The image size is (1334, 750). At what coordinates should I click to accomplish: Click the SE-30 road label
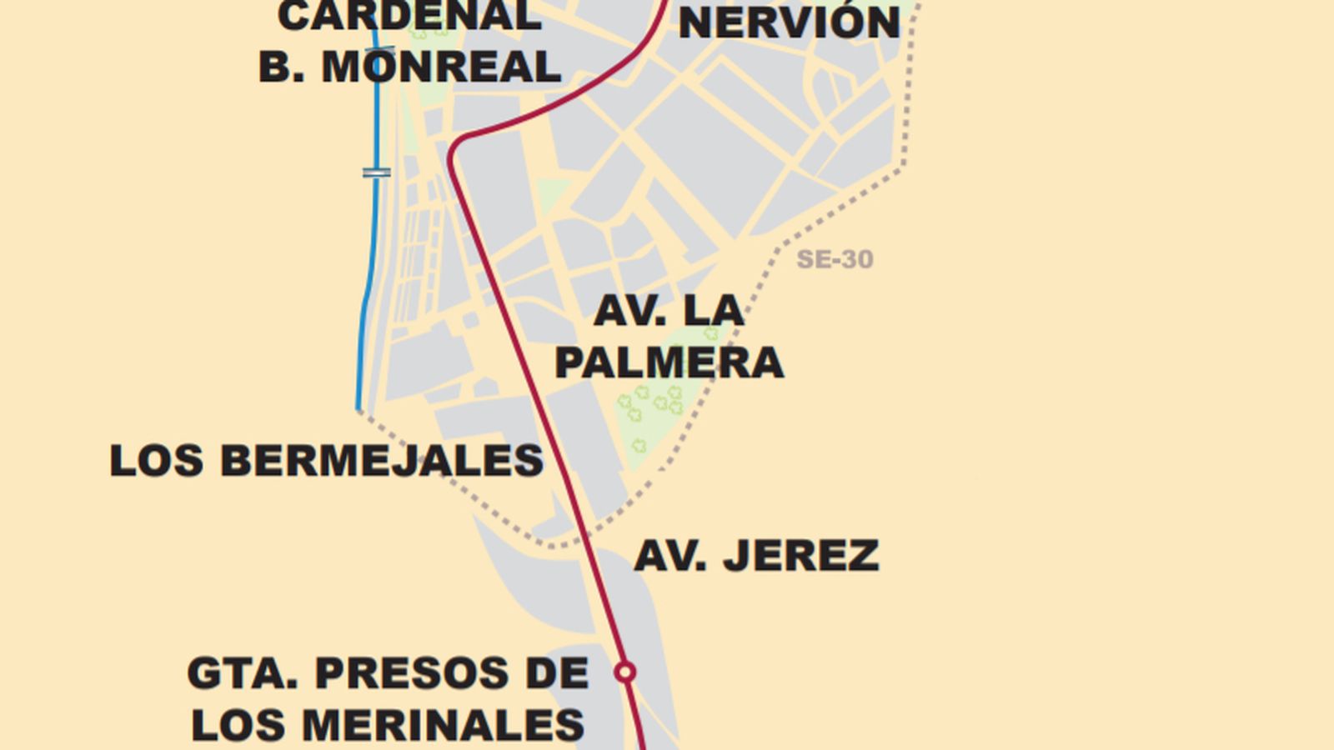pos(835,259)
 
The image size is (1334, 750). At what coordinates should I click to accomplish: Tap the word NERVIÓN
pos(789,22)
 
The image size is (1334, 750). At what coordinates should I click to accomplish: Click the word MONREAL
pos(441,67)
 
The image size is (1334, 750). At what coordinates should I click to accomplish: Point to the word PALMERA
pos(669,362)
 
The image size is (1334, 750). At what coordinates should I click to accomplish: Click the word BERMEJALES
pos(381,461)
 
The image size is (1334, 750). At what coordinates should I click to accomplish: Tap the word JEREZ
pos(800,556)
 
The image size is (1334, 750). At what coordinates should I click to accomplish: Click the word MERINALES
pos(442,725)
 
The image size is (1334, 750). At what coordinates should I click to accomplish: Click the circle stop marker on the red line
pos(624,672)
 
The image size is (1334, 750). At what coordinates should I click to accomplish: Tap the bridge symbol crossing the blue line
pos(376,172)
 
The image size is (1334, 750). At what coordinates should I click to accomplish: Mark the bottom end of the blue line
pos(359,408)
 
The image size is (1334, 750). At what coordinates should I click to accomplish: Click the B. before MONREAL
pos(280,67)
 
